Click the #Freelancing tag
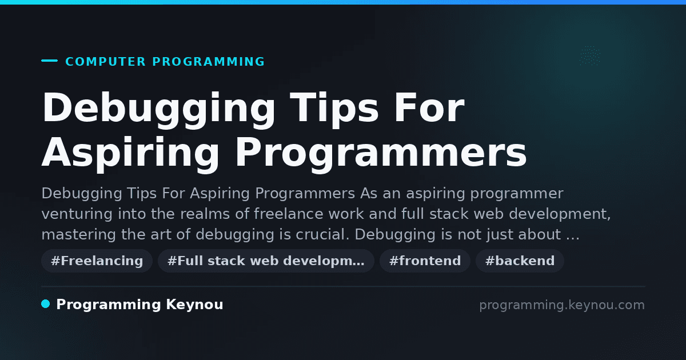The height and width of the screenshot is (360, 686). pyautogui.click(x=97, y=261)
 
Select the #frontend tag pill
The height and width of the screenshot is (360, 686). pyautogui.click(x=425, y=261)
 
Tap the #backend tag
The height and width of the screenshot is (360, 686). pyautogui.click(x=520, y=261)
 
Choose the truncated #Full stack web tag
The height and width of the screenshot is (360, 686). pyautogui.click(x=266, y=261)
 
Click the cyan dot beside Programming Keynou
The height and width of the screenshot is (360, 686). pyautogui.click(x=46, y=304)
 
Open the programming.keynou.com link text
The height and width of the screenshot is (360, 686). pyautogui.click(x=562, y=305)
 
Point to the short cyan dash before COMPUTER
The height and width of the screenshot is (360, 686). pyautogui.click(x=49, y=61)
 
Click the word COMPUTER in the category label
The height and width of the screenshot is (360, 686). pyautogui.click(x=106, y=62)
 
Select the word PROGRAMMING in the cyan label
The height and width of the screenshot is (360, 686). pyautogui.click(x=209, y=62)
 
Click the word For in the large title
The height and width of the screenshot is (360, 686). pyautogui.click(x=429, y=107)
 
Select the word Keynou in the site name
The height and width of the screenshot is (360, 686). pyautogui.click(x=194, y=305)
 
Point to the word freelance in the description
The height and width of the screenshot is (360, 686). pyautogui.click(x=289, y=214)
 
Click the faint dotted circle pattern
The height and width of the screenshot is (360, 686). pyautogui.click(x=590, y=56)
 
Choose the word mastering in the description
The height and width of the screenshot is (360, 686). pyautogui.click(x=78, y=235)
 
